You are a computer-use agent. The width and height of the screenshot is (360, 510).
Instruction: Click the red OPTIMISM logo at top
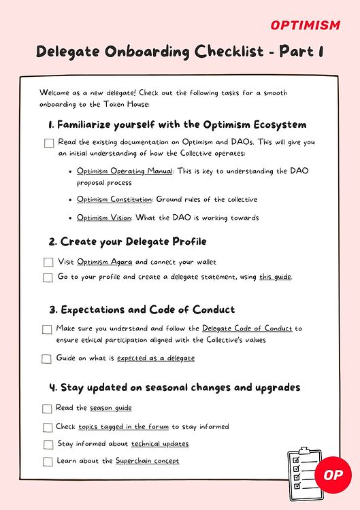pos(306,25)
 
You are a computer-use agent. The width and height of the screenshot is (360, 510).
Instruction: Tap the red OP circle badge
pos(333,474)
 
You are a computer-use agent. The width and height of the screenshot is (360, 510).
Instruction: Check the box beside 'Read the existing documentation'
pos(49,143)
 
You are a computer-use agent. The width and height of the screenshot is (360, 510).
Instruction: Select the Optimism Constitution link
pos(116,200)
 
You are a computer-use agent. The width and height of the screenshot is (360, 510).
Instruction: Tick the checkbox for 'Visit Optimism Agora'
pos(48,262)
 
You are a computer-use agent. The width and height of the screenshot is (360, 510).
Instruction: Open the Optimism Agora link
pos(105,262)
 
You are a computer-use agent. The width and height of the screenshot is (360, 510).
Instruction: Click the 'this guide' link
pos(275,277)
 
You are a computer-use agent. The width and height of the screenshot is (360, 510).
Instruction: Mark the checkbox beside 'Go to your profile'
pos(48,277)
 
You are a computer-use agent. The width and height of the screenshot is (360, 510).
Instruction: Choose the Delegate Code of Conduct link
pos(247,328)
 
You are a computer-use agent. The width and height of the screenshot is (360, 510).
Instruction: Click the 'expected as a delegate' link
pos(156,358)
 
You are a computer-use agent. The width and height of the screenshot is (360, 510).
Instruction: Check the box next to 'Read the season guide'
pos(47,409)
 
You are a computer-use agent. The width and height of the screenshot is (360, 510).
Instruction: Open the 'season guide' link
pos(111,408)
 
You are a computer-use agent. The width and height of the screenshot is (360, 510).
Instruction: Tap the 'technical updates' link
pos(160,443)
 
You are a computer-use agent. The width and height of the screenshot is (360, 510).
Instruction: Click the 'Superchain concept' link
pos(147,460)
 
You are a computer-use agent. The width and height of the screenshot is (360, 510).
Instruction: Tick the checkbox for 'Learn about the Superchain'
pos(48,462)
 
